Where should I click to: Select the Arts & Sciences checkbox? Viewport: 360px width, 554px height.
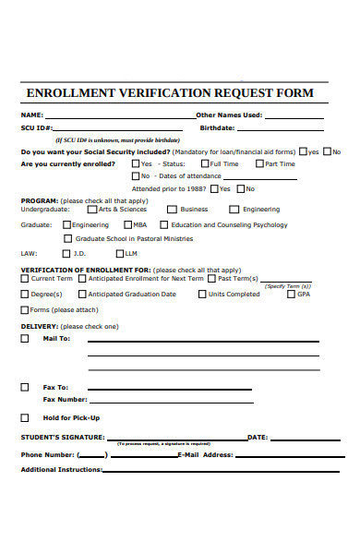92,210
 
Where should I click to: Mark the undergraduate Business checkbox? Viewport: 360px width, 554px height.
172,210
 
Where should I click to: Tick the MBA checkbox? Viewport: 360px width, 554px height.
126,224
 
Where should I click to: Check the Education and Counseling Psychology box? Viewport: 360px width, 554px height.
163,224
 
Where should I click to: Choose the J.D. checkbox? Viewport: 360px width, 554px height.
66,253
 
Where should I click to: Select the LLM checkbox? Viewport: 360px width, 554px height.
118,253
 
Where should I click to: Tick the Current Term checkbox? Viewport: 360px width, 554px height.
24,278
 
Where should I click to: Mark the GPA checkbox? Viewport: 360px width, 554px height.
290,294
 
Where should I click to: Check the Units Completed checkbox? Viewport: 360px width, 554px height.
202,294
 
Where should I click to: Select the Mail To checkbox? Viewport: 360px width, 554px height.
24,339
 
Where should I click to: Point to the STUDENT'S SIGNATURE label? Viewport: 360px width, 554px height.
62,437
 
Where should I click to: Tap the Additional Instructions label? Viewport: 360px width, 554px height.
61,470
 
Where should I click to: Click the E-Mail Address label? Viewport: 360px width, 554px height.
205,454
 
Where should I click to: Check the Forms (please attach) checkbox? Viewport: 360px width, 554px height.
24,309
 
